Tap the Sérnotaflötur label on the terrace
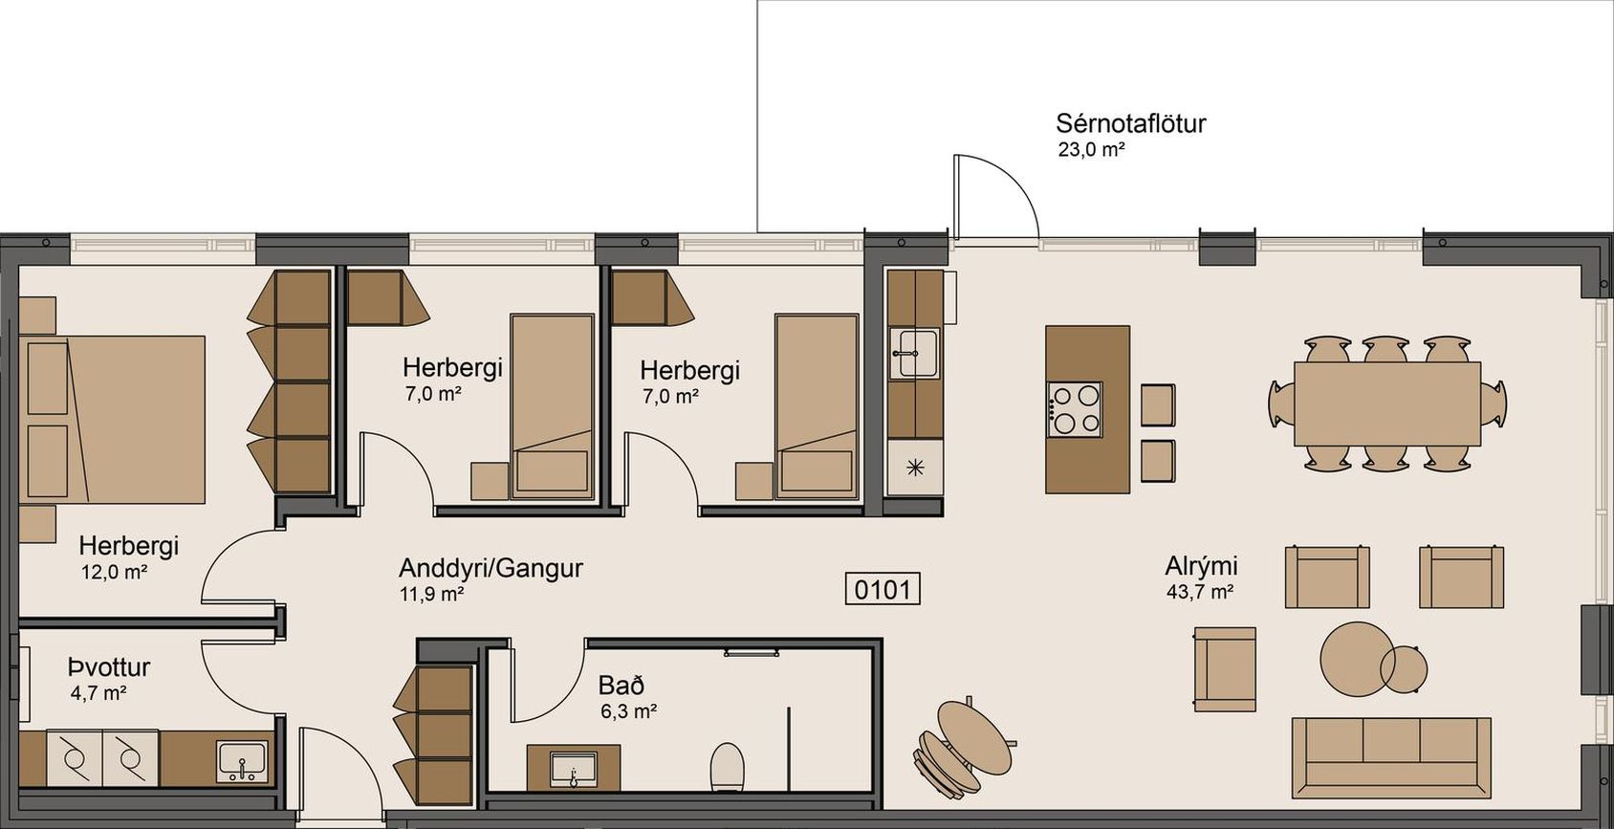(1130, 123)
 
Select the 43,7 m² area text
(1200, 592)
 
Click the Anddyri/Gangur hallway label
(491, 568)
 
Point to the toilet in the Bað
(727, 766)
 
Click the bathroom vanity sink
(573, 769)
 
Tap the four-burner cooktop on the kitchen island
(1075, 409)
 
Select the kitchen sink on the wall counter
(914, 353)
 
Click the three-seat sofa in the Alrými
(1390, 757)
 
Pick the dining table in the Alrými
(1387, 404)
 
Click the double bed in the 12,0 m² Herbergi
(113, 419)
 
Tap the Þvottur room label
(109, 667)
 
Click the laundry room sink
(242, 761)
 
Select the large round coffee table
(1354, 658)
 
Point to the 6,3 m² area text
(628, 711)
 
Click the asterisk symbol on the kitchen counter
(915, 469)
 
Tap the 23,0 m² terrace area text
(1092, 150)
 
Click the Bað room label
(622, 685)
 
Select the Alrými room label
(1201, 566)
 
